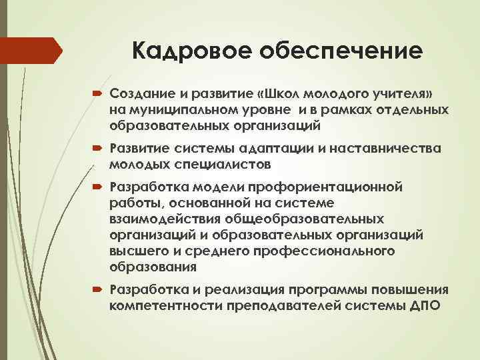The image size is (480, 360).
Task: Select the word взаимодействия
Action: coord(155,219)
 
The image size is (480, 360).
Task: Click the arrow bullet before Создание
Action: coord(98,91)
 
